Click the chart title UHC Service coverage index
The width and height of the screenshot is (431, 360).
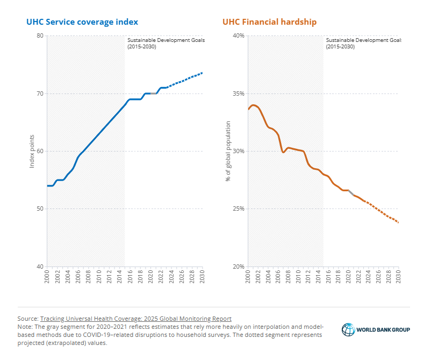(x=82, y=22)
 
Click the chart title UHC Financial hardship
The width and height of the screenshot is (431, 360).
(x=270, y=22)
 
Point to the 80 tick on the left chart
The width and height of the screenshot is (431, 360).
(x=39, y=36)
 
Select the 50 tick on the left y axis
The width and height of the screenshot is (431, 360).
(x=39, y=208)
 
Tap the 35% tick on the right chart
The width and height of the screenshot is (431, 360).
(x=238, y=93)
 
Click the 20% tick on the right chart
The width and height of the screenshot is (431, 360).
(x=238, y=267)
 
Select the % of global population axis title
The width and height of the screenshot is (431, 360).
(x=228, y=150)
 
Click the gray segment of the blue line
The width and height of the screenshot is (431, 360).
(x=153, y=93)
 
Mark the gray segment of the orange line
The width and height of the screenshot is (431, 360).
(x=351, y=192)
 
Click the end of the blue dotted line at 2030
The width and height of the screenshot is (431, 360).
(x=202, y=73)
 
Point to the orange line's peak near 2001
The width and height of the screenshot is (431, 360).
(x=253, y=105)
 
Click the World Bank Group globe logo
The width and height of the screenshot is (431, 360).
(x=348, y=329)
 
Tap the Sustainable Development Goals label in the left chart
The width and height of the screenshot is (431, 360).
(x=166, y=43)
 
